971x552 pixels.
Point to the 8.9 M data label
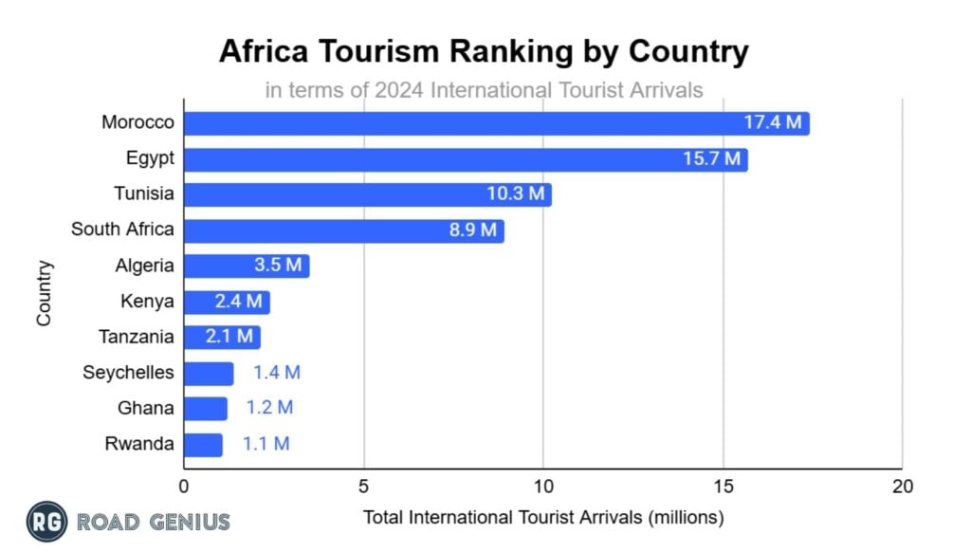[x=473, y=230]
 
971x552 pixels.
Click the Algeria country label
[x=145, y=266]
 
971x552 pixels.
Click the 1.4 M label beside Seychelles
[x=276, y=373]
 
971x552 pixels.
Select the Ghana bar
[x=205, y=409]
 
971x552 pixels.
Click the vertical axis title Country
[x=45, y=294]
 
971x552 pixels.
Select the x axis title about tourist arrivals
[x=542, y=519]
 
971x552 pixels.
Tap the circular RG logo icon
[x=46, y=521]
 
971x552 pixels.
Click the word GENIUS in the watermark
[x=188, y=522]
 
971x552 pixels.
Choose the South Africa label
[x=123, y=230]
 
